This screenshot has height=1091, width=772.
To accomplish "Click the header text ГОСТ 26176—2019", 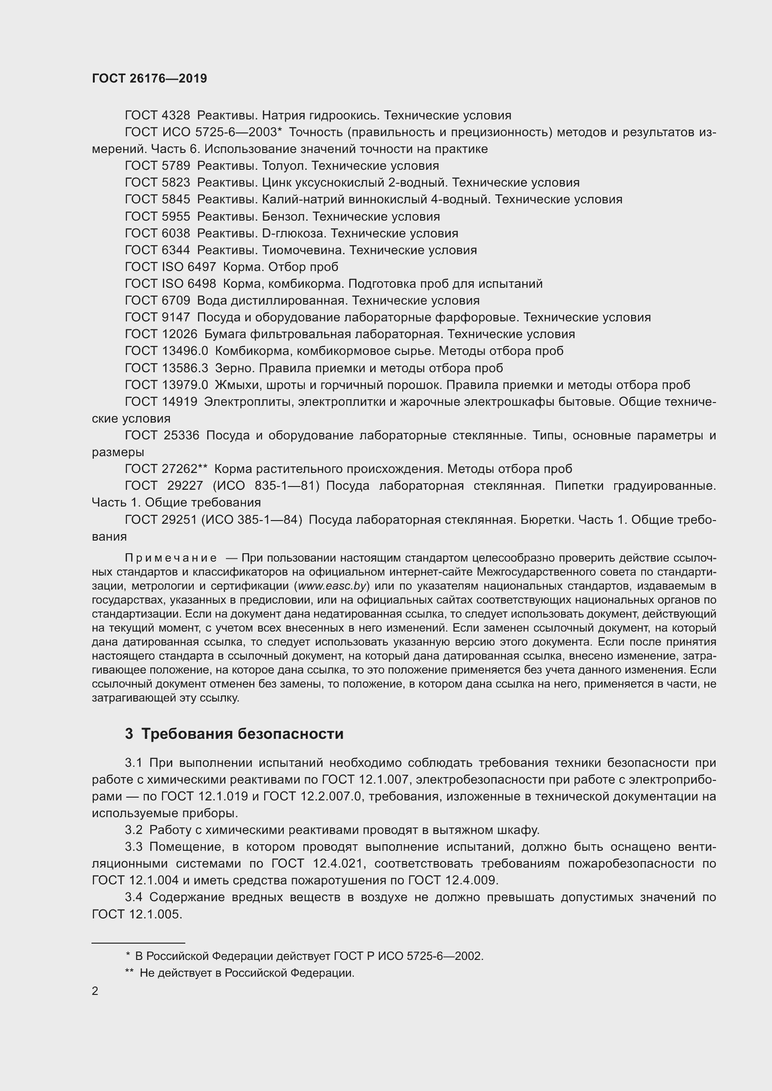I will pos(149,78).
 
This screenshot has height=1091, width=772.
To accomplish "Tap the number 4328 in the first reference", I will pos(175,116).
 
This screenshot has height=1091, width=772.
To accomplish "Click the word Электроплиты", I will pos(244,402).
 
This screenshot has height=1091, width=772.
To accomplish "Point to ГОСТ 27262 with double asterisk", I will pos(166,469).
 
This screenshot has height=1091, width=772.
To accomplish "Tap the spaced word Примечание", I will pos(171,558).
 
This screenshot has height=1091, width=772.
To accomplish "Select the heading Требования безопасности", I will pos(242,734).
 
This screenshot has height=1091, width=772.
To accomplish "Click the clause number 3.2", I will pos(133,830).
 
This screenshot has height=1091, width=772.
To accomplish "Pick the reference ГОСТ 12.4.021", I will pos(318,863).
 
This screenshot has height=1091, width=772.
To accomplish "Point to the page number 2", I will pos(95,991).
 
